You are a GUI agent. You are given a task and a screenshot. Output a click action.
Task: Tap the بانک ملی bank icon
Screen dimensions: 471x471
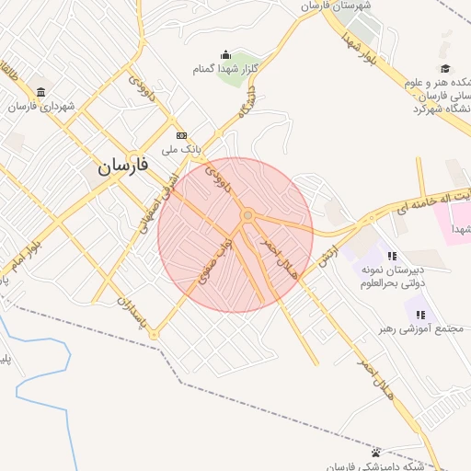pyautogui.click(x=181, y=134)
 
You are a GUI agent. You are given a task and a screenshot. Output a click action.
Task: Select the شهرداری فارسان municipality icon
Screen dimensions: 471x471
pyautogui.click(x=41, y=92)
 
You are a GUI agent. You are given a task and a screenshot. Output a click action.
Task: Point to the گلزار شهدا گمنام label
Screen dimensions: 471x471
pyautogui.click(x=225, y=69)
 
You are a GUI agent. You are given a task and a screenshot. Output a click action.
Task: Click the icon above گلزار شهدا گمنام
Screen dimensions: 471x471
pyautogui.click(x=226, y=55)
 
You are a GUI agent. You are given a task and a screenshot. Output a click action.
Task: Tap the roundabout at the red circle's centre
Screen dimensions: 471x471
pyautogui.click(x=247, y=216)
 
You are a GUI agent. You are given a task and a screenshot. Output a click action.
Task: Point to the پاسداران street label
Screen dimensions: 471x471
pyautogui.click(x=128, y=309)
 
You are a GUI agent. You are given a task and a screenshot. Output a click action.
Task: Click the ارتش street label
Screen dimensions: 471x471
pyautogui.click(x=328, y=249)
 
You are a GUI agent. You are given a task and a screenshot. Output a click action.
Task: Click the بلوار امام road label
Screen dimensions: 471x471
pyautogui.click(x=25, y=253)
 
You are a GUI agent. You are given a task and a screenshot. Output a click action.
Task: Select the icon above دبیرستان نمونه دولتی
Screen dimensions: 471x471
pyautogui.click(x=392, y=257)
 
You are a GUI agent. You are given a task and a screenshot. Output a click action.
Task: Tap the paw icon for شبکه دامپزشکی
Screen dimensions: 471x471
pyautogui.click(x=376, y=452)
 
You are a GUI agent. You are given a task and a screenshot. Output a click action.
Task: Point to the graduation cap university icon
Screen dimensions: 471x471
pyautogui.click(x=445, y=68)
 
